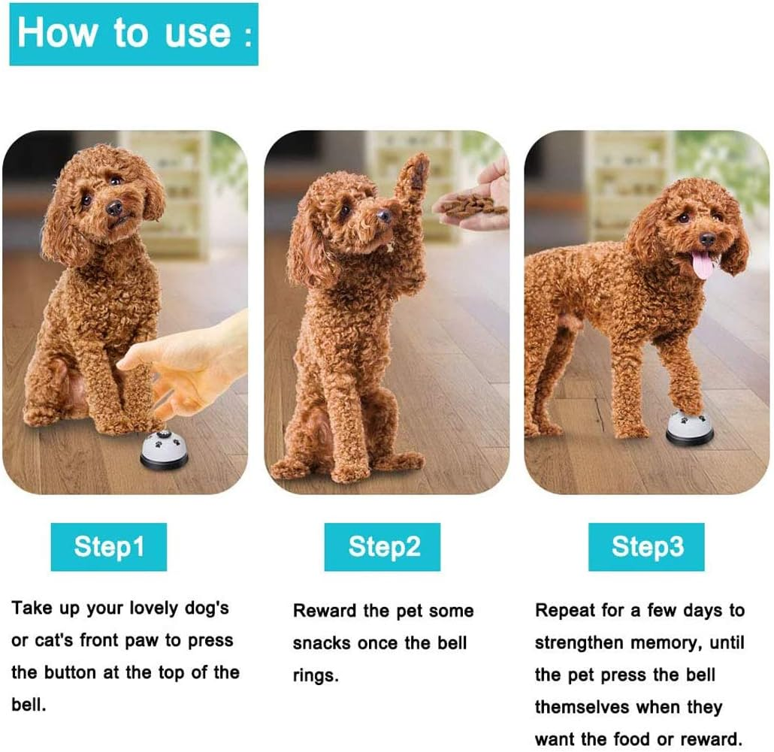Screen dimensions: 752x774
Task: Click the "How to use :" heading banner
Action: click(134, 35)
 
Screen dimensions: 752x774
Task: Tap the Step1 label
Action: click(109, 547)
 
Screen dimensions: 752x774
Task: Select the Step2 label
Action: click(383, 547)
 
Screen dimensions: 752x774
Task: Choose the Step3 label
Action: click(647, 547)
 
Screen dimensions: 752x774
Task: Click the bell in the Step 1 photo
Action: click(165, 451)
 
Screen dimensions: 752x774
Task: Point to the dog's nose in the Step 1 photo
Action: click(114, 208)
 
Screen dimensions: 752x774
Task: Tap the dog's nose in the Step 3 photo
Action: click(708, 240)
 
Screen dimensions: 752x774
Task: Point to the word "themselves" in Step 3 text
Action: click(582, 707)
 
